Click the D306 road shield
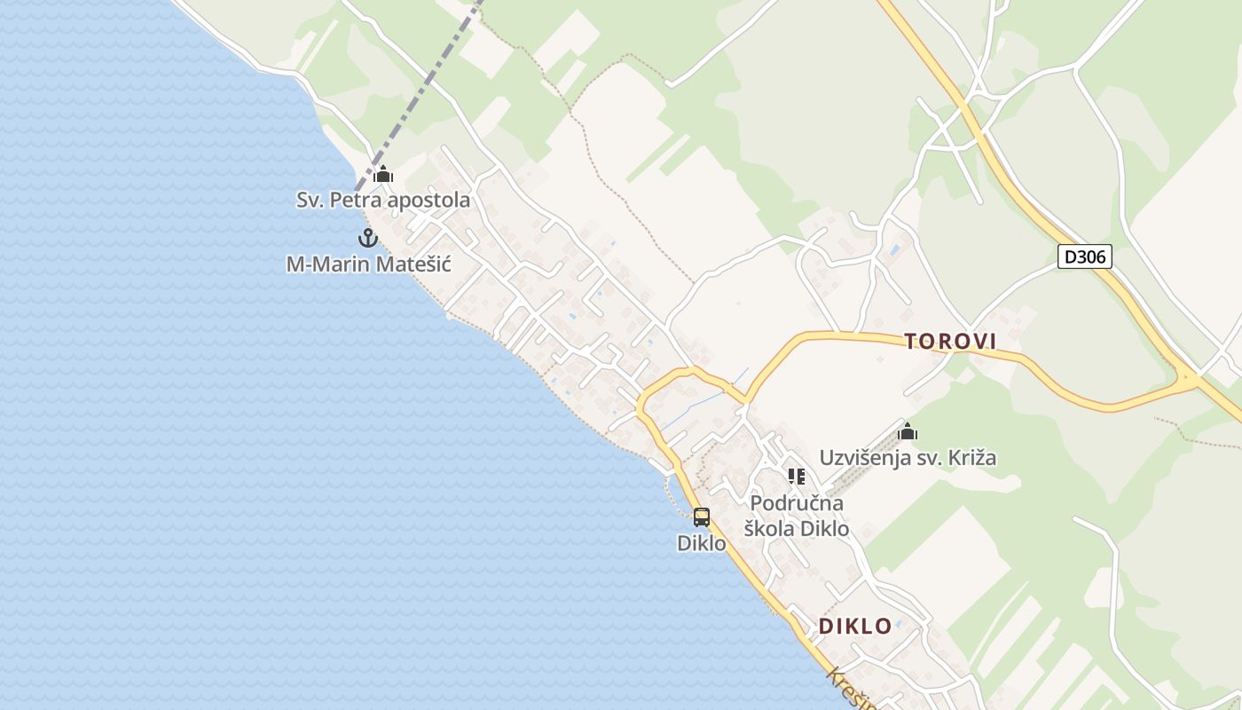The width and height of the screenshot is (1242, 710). [x=1085, y=257]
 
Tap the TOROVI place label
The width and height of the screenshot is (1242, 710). [x=950, y=341]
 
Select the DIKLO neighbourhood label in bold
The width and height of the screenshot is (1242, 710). [x=855, y=626]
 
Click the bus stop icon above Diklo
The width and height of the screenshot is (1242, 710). [x=702, y=517]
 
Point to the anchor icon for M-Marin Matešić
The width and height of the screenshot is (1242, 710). [x=367, y=238]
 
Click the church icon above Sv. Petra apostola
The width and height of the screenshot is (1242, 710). [x=383, y=174]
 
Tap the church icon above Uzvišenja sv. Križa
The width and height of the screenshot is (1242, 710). [x=908, y=432]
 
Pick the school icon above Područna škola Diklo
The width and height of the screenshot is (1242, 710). [x=797, y=477]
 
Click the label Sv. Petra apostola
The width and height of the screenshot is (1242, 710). [x=383, y=201]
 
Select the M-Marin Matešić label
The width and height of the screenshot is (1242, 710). [x=368, y=264]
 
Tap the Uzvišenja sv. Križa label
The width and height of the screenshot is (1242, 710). [x=908, y=458]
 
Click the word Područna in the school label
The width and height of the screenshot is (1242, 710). [x=797, y=503]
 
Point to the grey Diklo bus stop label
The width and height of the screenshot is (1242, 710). [x=702, y=543]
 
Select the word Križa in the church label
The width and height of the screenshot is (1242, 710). [x=971, y=458]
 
